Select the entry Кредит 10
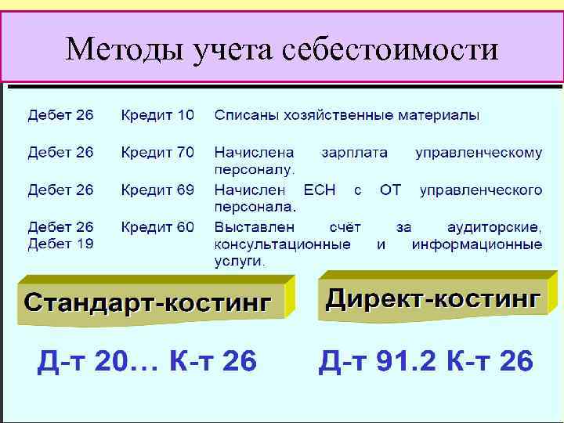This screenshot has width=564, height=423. [157, 115]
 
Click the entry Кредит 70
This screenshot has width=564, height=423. [157, 152]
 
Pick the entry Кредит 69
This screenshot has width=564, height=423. [157, 190]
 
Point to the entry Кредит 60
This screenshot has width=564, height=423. [157, 227]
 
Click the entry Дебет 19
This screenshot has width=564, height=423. [60, 244]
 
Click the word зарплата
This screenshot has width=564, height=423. [354, 152]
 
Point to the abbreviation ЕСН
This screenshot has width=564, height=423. [319, 190]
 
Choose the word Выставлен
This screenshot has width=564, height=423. [255, 227]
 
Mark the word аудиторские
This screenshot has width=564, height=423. [493, 227]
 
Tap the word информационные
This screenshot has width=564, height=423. [476, 244]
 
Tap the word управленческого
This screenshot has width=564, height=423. [481, 190]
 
